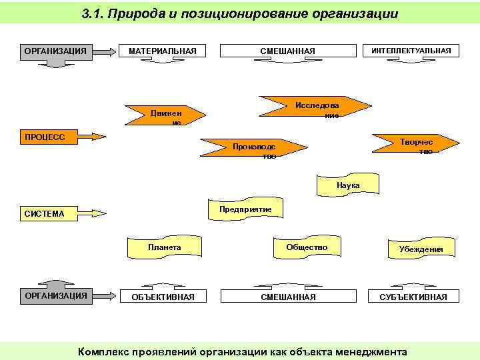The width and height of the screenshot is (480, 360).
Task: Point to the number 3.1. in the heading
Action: (x=93, y=13)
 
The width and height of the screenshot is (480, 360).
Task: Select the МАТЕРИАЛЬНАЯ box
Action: (x=162, y=51)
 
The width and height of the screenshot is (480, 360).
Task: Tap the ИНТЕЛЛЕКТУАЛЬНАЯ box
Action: (x=411, y=51)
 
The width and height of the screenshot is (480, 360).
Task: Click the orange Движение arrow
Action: (x=166, y=115)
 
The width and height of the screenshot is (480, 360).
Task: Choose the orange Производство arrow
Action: (x=253, y=149)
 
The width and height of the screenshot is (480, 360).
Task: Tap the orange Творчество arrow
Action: (x=415, y=145)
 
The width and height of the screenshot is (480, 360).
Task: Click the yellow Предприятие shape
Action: (x=245, y=209)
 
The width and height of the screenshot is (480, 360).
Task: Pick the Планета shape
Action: (x=164, y=247)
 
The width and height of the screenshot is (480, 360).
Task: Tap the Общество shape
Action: (x=307, y=247)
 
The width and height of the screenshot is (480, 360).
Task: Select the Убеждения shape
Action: (x=421, y=249)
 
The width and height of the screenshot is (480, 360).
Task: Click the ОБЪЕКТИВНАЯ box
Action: (x=163, y=297)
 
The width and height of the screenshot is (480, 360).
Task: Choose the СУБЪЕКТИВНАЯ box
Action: (x=413, y=297)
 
